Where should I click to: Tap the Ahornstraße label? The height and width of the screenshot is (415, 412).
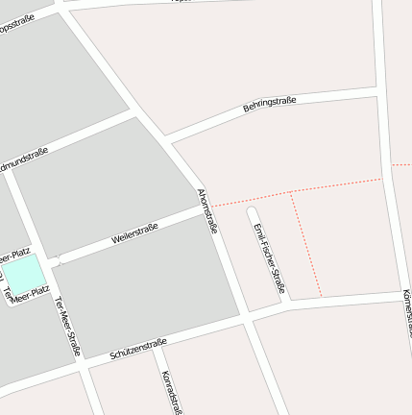point(207,211)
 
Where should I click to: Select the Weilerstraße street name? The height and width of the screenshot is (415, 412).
point(134,232)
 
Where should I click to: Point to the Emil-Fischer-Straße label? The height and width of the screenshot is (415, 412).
point(269,257)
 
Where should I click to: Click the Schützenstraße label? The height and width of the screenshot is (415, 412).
point(138,348)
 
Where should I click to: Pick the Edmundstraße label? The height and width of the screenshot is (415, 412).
point(24,157)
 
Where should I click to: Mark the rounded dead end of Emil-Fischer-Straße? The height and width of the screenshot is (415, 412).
point(253,210)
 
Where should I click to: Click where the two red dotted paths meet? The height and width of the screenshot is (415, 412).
point(291,192)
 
